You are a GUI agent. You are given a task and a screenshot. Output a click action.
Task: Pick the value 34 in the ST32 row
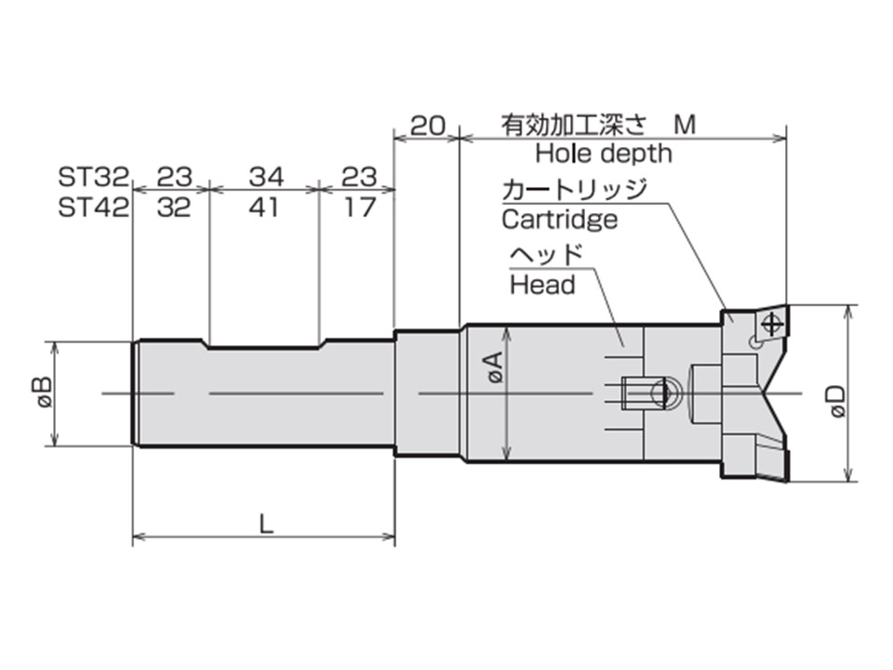coord(264,177)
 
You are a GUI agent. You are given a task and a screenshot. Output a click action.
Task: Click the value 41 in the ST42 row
coord(264,208)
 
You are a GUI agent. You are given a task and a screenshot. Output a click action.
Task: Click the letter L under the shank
coord(266,524)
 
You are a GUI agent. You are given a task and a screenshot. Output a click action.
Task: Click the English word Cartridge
coord(559,220)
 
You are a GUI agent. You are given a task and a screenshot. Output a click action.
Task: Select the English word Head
coord(542,285)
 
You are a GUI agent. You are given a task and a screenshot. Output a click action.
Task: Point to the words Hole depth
coord(603,153)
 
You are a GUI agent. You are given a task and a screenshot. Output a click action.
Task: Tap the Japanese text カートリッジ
coord(573,190)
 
